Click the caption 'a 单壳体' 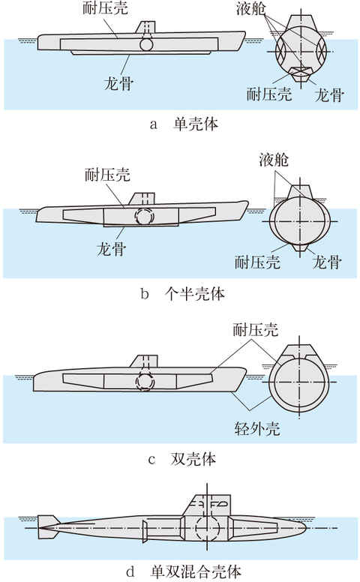(184, 124)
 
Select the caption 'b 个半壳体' (183, 293)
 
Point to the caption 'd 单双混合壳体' (184, 571)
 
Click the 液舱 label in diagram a (251, 8)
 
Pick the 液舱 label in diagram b (274, 160)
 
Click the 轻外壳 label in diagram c (257, 429)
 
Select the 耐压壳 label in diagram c (256, 329)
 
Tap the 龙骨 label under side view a (118, 82)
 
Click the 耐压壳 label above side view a (106, 8)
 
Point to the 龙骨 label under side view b (111, 248)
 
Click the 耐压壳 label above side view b (108, 175)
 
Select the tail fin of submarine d (47, 527)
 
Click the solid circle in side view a (146, 43)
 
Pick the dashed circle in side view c (144, 381)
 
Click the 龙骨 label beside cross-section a (329, 95)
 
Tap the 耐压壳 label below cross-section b (257, 262)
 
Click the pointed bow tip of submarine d (306, 527)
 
